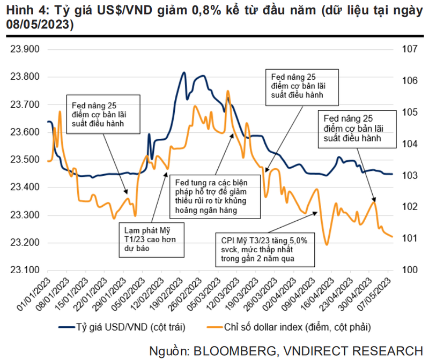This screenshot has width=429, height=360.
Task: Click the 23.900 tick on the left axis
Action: (26, 49)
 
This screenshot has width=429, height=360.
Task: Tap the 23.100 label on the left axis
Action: (26, 270)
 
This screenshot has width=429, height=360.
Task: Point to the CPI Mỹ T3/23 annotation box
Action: (261, 250)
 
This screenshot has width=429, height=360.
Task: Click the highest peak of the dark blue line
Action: (184, 72)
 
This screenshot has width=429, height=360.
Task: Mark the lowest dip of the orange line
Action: (327, 245)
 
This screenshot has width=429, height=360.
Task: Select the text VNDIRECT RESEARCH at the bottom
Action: (357, 351)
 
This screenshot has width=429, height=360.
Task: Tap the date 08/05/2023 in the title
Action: (40, 25)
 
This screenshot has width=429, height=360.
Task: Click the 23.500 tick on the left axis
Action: (26, 160)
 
